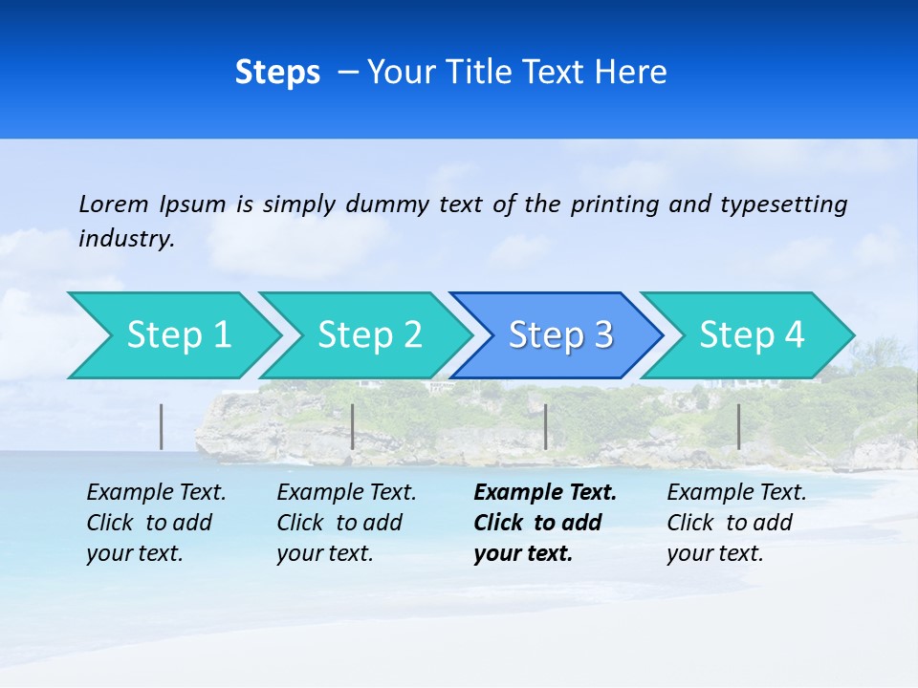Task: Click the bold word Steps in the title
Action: [x=277, y=73]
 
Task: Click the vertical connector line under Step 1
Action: [x=162, y=426]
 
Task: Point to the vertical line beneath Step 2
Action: [x=353, y=426]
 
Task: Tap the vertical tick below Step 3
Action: [x=546, y=426]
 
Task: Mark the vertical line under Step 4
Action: [x=738, y=426]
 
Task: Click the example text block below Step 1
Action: [x=156, y=523]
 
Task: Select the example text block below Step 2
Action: [x=346, y=523]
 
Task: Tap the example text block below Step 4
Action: [x=736, y=523]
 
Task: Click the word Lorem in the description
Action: [x=114, y=204]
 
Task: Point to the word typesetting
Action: [x=784, y=204]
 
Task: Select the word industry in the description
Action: [x=125, y=239]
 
